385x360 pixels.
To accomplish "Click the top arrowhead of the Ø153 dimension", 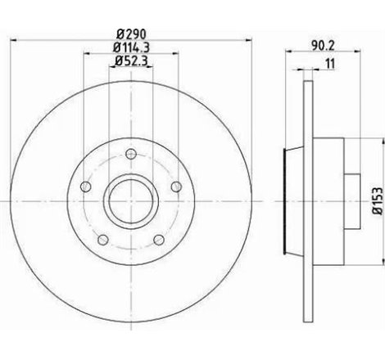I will (365, 137).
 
